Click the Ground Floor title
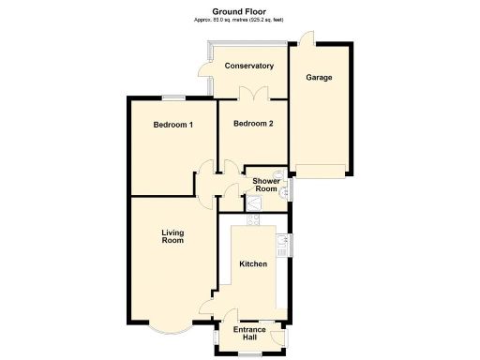(x=240, y=12)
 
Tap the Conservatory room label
(x=248, y=66)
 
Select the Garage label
(x=319, y=77)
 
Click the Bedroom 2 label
(x=253, y=124)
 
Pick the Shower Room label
(x=265, y=186)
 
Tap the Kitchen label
(x=253, y=264)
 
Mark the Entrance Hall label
(x=250, y=335)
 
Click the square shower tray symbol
(x=253, y=202)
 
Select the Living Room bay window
(x=170, y=331)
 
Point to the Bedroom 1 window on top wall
(x=172, y=97)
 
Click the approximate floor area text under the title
(x=240, y=20)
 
